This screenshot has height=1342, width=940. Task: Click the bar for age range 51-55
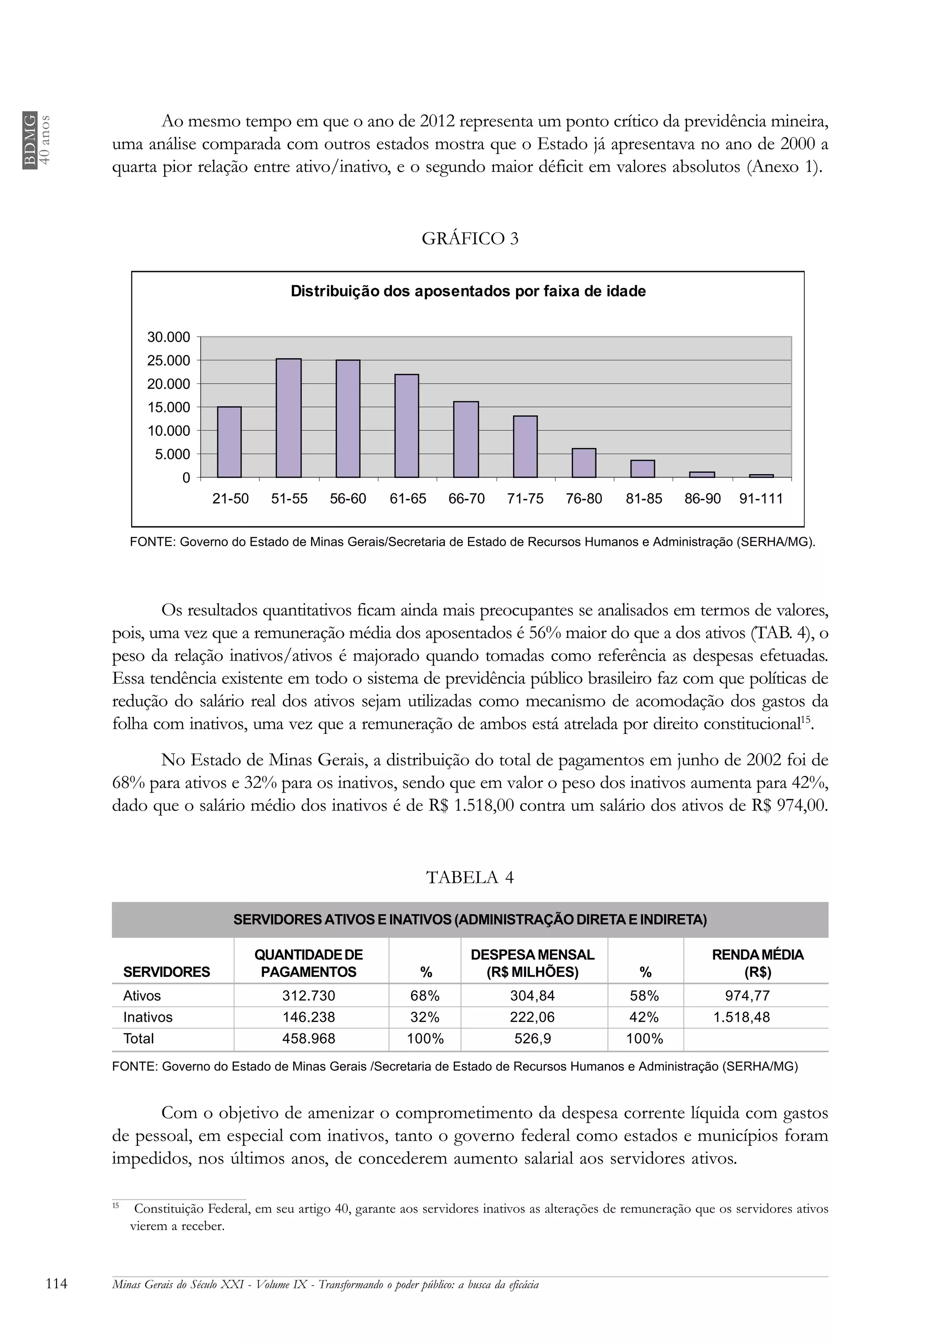288,418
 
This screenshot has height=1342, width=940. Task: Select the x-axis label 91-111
761,499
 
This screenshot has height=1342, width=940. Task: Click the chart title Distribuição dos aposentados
468,291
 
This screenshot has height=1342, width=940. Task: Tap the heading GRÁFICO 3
470,239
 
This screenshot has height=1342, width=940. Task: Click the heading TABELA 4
470,877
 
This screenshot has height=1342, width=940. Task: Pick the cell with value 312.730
309,995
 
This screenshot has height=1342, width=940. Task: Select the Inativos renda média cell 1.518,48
741,1017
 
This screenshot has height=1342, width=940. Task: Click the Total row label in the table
139,1039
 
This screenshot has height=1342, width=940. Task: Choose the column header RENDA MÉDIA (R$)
757,963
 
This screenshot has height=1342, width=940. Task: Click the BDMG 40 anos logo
37,140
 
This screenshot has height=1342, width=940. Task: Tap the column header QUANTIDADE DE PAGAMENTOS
308,963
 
